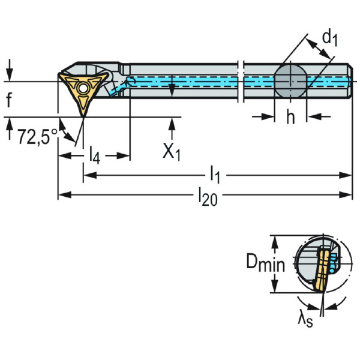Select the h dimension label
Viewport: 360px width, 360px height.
pos(290,118)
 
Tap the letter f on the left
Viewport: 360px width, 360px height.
pos(9,100)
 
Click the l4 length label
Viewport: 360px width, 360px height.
pos(94,155)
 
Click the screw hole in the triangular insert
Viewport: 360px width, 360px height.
pos(82,88)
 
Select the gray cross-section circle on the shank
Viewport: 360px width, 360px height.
pos(290,81)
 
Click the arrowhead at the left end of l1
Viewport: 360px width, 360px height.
pos(86,175)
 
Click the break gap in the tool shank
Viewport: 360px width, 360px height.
pos(241,82)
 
